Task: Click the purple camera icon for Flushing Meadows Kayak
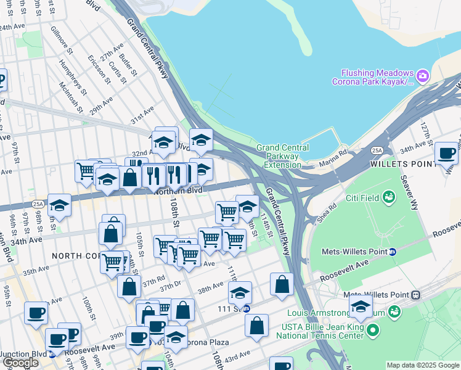(422, 76)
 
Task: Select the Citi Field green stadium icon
(388, 197)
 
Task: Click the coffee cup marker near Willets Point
(446, 154)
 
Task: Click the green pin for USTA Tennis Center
(372, 332)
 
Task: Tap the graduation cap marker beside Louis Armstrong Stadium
(361, 306)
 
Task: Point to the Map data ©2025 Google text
(422, 365)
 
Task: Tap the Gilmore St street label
(62, 37)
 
